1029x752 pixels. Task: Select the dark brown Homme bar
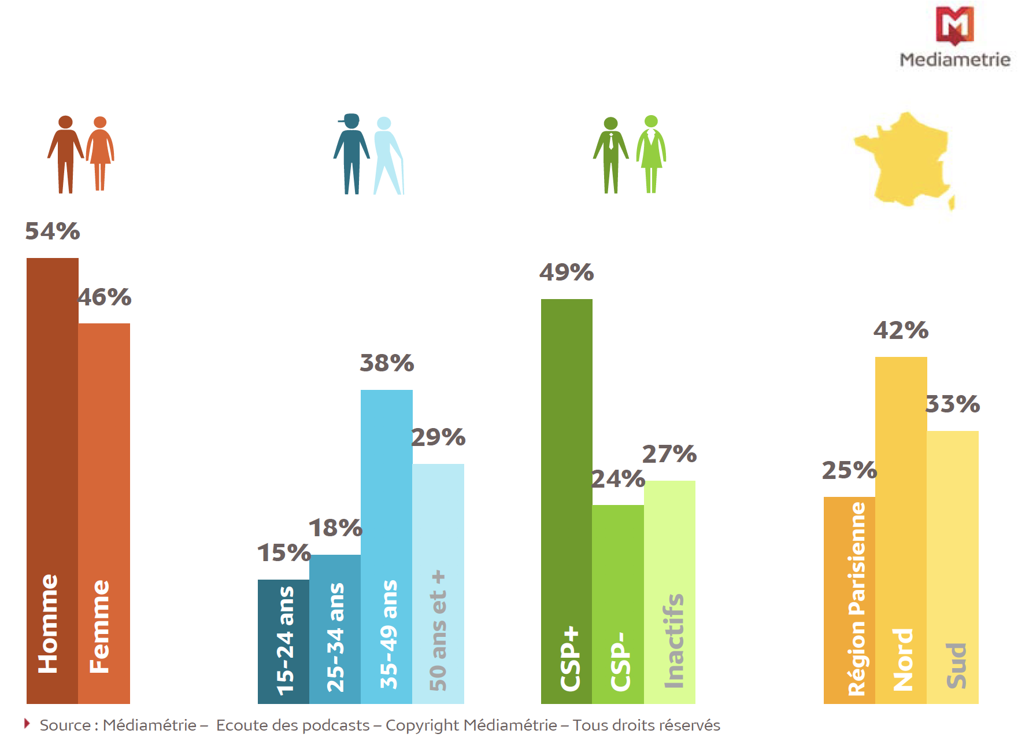point(52,480)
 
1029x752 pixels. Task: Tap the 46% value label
point(105,297)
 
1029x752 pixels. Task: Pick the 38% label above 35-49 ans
point(387,363)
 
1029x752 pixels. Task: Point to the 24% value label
point(618,479)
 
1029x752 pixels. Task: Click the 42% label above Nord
point(901,330)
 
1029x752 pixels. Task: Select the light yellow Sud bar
point(953,567)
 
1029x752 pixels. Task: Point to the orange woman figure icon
point(100,153)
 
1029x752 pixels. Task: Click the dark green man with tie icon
point(610,154)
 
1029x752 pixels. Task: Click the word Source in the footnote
point(65,725)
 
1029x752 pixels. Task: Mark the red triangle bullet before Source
point(27,724)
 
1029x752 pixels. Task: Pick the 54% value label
point(52,231)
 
